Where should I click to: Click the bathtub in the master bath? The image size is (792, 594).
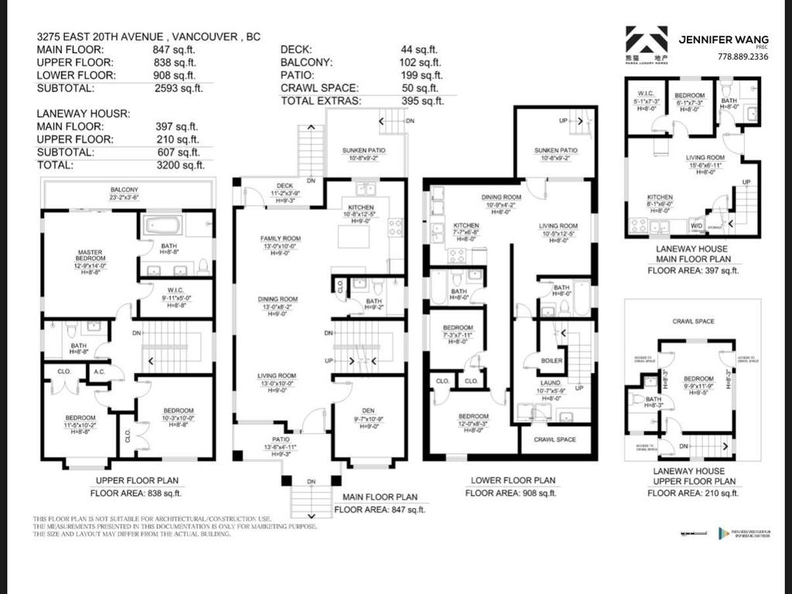coord(162,226)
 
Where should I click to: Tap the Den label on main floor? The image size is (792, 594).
coord(368,411)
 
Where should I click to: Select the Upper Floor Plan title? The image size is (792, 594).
coord(128,480)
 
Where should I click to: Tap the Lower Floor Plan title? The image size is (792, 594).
coord(512,480)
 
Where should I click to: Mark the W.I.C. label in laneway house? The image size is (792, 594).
coord(647,96)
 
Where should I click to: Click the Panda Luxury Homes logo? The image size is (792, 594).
coord(647,43)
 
